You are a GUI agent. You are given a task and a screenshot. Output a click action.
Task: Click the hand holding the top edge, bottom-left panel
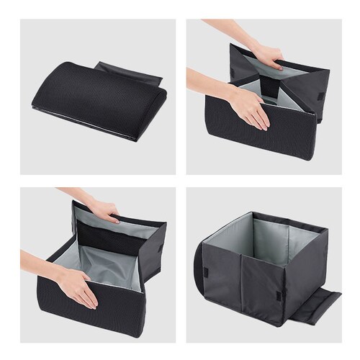[101, 208]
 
